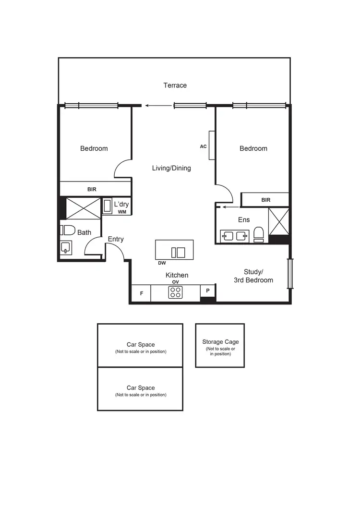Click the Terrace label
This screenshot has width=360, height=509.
point(175,85)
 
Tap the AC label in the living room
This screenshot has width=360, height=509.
point(204,146)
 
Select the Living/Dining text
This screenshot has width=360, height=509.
point(171,168)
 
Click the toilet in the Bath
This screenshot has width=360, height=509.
point(68,230)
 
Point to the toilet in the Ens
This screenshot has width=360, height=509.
point(259,234)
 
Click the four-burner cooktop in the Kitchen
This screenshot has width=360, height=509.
point(175,292)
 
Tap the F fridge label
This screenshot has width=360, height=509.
point(142,293)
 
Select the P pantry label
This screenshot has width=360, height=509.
point(208,291)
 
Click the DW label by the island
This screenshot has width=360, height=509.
point(162,263)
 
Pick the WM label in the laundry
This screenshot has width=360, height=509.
point(122,211)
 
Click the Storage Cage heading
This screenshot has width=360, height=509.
point(220,342)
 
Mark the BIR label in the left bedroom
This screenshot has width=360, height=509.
point(92,189)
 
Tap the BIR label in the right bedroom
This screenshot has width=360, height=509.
point(265,200)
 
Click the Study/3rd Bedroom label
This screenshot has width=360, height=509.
point(253,276)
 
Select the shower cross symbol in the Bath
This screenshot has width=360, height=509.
point(80,208)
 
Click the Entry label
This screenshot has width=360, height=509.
point(116,239)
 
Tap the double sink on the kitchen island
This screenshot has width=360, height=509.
point(178,252)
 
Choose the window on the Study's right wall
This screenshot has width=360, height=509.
point(289,274)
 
